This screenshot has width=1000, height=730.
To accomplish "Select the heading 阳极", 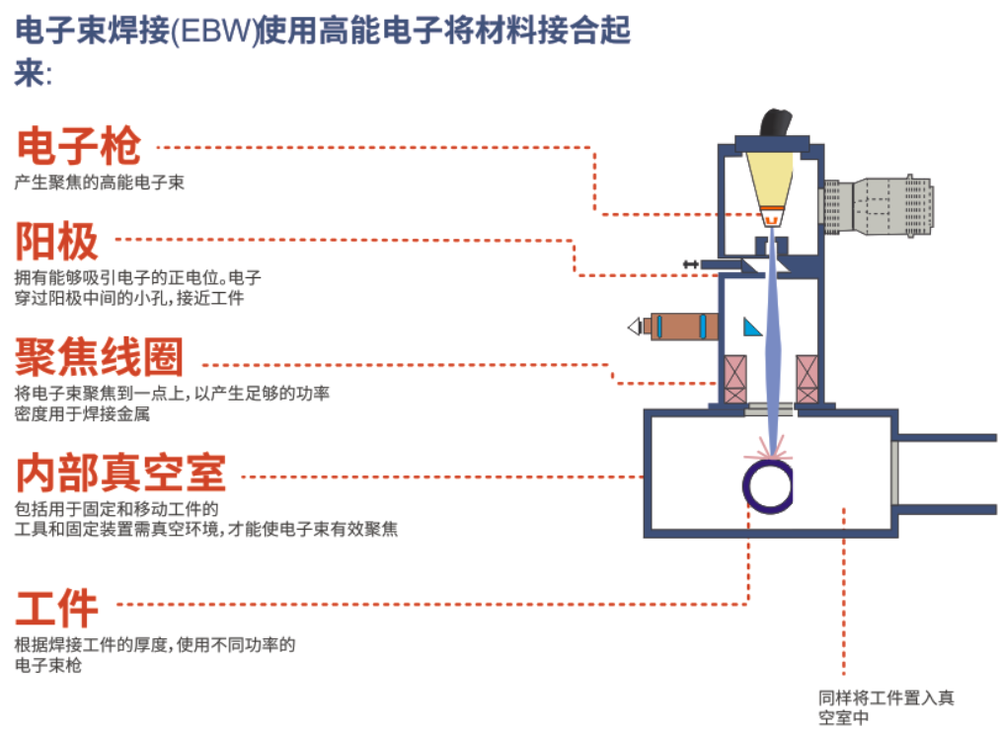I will (57, 241).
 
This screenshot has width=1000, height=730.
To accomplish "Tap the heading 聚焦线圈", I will (100, 356).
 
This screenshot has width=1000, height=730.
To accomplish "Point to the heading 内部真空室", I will (120, 474).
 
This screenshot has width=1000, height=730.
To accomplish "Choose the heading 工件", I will (57, 606).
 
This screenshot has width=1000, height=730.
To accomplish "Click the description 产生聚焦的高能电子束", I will (100, 182).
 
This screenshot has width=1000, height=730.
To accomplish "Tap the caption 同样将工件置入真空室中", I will (885, 707).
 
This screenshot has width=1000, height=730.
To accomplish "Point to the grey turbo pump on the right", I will (878, 207).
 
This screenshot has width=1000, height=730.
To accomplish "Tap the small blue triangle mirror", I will (752, 327).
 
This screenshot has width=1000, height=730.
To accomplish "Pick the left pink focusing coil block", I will (734, 378).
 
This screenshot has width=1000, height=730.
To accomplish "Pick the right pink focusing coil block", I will (807, 378).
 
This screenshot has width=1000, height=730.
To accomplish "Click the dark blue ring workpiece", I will (767, 484).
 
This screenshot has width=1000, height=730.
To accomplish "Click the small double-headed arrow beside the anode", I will (690, 263).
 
